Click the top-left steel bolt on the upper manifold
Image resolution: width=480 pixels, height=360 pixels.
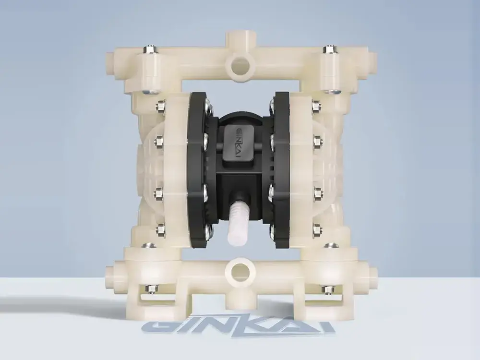[149, 49]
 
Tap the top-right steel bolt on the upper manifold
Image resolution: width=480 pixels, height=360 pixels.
[329, 49]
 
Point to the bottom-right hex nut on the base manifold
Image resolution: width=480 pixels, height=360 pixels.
[327, 288]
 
